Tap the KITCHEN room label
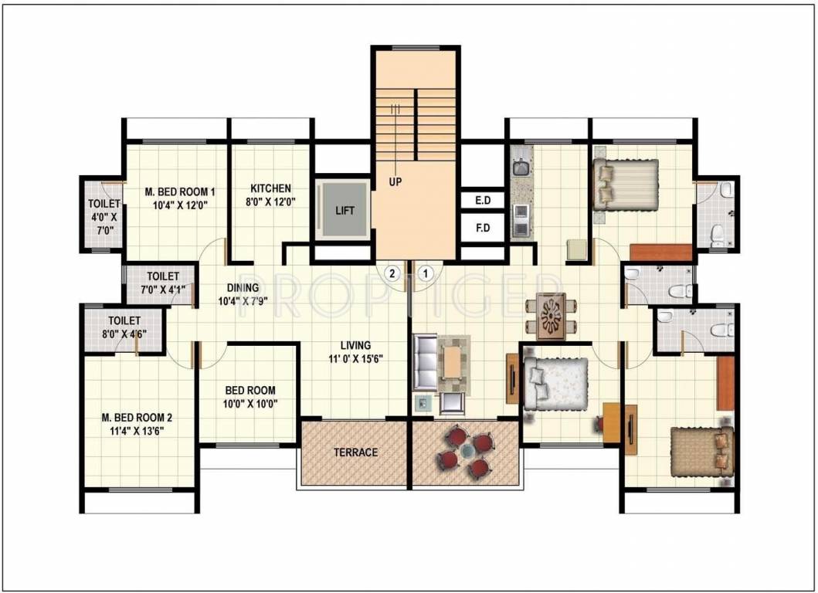click(x=270, y=188)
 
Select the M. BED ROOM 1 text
click(x=181, y=192)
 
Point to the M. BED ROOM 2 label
click(x=137, y=418)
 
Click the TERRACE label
click(x=355, y=452)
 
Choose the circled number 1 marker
click(x=425, y=272)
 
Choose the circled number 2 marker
click(x=392, y=272)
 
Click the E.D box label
click(x=483, y=201)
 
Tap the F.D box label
click(x=483, y=229)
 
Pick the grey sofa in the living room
click(x=425, y=363)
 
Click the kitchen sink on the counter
click(x=519, y=167)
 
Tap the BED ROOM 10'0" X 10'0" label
click(x=250, y=397)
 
